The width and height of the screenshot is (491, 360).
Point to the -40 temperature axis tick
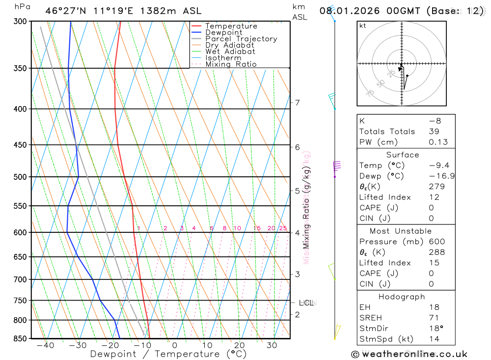(x=45, y=346)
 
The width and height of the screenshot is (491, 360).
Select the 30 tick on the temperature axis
(x=272, y=346)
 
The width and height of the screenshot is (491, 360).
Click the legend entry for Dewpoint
(x=223, y=32)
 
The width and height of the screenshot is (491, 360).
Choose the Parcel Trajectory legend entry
(x=241, y=39)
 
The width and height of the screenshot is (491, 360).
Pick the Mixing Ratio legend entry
(x=231, y=64)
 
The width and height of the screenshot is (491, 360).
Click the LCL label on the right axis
(x=306, y=303)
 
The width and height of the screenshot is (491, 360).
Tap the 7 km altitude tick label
(x=297, y=103)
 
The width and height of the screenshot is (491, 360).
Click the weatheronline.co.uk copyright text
(x=409, y=354)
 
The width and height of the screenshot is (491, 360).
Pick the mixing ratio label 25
(x=283, y=228)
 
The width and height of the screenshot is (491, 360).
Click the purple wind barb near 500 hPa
(x=336, y=167)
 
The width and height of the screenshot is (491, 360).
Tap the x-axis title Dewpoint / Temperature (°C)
(x=168, y=354)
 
